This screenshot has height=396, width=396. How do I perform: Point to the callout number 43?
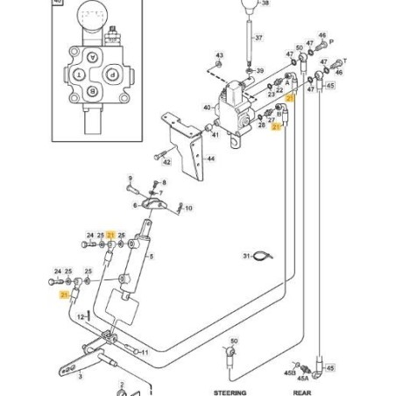coord(219,55)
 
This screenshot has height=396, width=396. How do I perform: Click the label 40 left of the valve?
coord(207,108)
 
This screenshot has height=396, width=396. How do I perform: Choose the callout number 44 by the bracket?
coord(210,159)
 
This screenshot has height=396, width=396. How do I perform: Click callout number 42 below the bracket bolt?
coord(167,161)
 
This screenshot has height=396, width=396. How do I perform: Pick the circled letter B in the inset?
coord(92,97)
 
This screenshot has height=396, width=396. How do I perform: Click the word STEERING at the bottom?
coord(230,392)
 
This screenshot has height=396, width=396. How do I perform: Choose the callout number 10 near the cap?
coord(188,209)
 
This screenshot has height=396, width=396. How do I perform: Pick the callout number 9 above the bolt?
coord(131,178)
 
